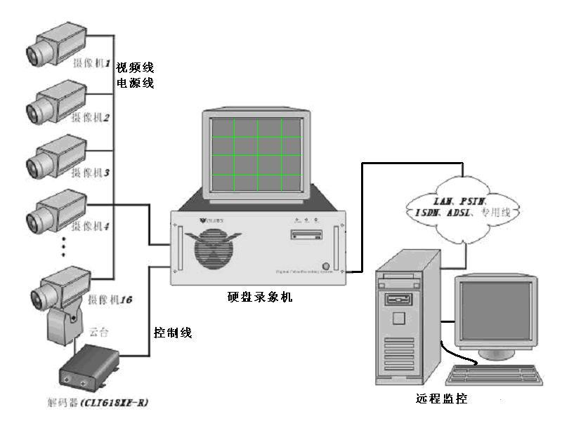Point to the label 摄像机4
pos(92,227)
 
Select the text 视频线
pos(135,68)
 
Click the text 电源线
pos(135,83)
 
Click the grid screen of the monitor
pos(256,154)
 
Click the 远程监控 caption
pos(441,399)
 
